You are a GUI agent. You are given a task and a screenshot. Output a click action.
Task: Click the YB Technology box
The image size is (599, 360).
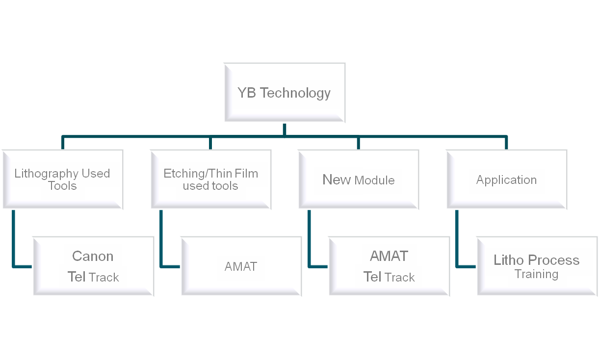click(284, 93)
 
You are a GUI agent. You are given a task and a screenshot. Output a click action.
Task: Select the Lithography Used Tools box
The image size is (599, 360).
click(62, 180)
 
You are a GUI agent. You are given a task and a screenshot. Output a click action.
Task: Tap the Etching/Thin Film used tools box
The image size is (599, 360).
click(210, 180)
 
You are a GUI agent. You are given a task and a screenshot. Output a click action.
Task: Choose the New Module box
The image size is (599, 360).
click(358, 180)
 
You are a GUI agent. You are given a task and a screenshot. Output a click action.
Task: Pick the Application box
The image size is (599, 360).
click(506, 180)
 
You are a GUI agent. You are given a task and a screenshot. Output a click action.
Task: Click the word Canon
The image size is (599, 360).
click(93, 256)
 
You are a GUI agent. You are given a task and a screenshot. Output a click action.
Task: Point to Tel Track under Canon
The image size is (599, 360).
click(93, 277)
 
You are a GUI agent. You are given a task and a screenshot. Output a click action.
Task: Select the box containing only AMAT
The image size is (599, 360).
click(241, 267)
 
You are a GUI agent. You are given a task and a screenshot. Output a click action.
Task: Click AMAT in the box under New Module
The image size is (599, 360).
click(389, 256)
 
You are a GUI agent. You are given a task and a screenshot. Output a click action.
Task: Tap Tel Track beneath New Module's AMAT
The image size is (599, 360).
click(389, 277)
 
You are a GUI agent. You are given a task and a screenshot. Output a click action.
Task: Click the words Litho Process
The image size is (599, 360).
click(537, 260)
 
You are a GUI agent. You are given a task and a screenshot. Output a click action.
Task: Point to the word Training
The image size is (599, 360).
click(537, 274)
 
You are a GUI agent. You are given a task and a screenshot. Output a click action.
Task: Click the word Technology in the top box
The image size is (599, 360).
click(295, 93)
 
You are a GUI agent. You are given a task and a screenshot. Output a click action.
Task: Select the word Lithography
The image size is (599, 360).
click(47, 174)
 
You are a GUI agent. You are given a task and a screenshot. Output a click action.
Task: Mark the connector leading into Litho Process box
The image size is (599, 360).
click(466, 267)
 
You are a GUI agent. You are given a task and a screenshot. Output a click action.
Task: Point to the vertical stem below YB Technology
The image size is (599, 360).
click(284, 129)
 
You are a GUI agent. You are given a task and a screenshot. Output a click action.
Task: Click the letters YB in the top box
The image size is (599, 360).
click(247, 93)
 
